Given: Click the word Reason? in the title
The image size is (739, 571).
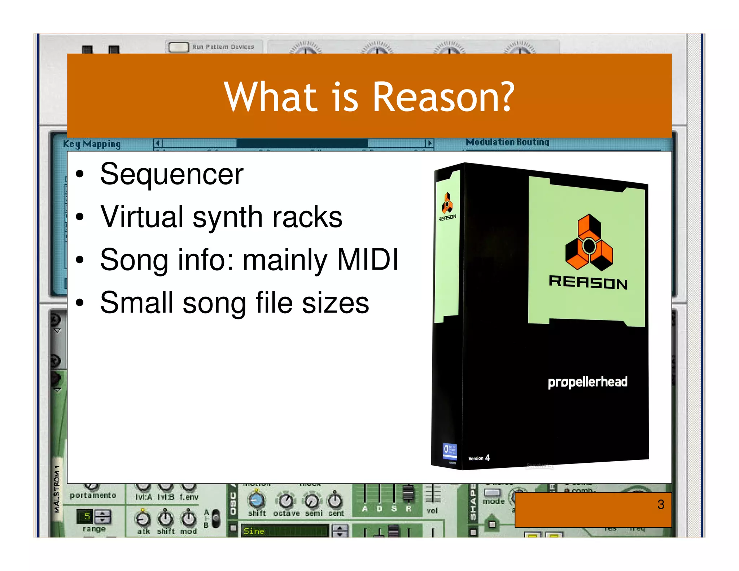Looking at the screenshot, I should point(443,97).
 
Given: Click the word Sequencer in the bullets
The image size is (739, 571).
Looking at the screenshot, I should point(172,174).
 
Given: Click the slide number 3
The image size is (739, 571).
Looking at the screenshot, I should point(660,504).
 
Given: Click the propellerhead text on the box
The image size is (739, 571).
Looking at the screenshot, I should point(587,382).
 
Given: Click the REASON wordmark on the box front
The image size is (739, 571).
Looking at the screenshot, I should point(588,282).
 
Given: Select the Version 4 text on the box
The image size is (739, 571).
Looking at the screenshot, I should point(479,458).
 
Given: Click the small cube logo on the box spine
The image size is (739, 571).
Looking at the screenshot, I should point(447,202).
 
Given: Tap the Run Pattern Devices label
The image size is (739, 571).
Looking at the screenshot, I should point(223,47).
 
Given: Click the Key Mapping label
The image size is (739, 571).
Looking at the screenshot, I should point(92,144).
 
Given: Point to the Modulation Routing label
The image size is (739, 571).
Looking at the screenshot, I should point(507,142).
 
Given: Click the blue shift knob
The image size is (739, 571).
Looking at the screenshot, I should point(257,500).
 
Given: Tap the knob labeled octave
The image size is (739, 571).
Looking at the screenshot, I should point(286,500).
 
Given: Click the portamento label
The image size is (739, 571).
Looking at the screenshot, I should point(93,496).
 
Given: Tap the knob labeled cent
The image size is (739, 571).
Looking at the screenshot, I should point(335,500).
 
